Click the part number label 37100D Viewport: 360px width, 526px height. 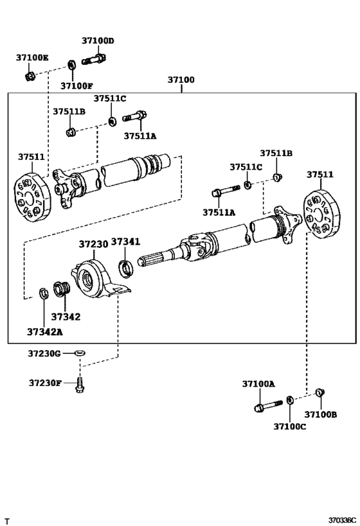97,40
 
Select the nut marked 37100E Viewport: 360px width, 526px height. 30,76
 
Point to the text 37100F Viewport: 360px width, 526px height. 76,86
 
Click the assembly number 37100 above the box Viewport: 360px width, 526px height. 181,81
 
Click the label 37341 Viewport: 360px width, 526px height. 124,241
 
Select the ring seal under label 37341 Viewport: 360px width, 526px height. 127,267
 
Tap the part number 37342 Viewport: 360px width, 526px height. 65,317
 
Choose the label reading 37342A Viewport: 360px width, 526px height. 44,332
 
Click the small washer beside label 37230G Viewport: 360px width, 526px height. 80,353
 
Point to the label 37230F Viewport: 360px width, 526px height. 44,383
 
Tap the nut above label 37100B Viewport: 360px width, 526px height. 321,393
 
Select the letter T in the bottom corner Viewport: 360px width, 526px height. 7,519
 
